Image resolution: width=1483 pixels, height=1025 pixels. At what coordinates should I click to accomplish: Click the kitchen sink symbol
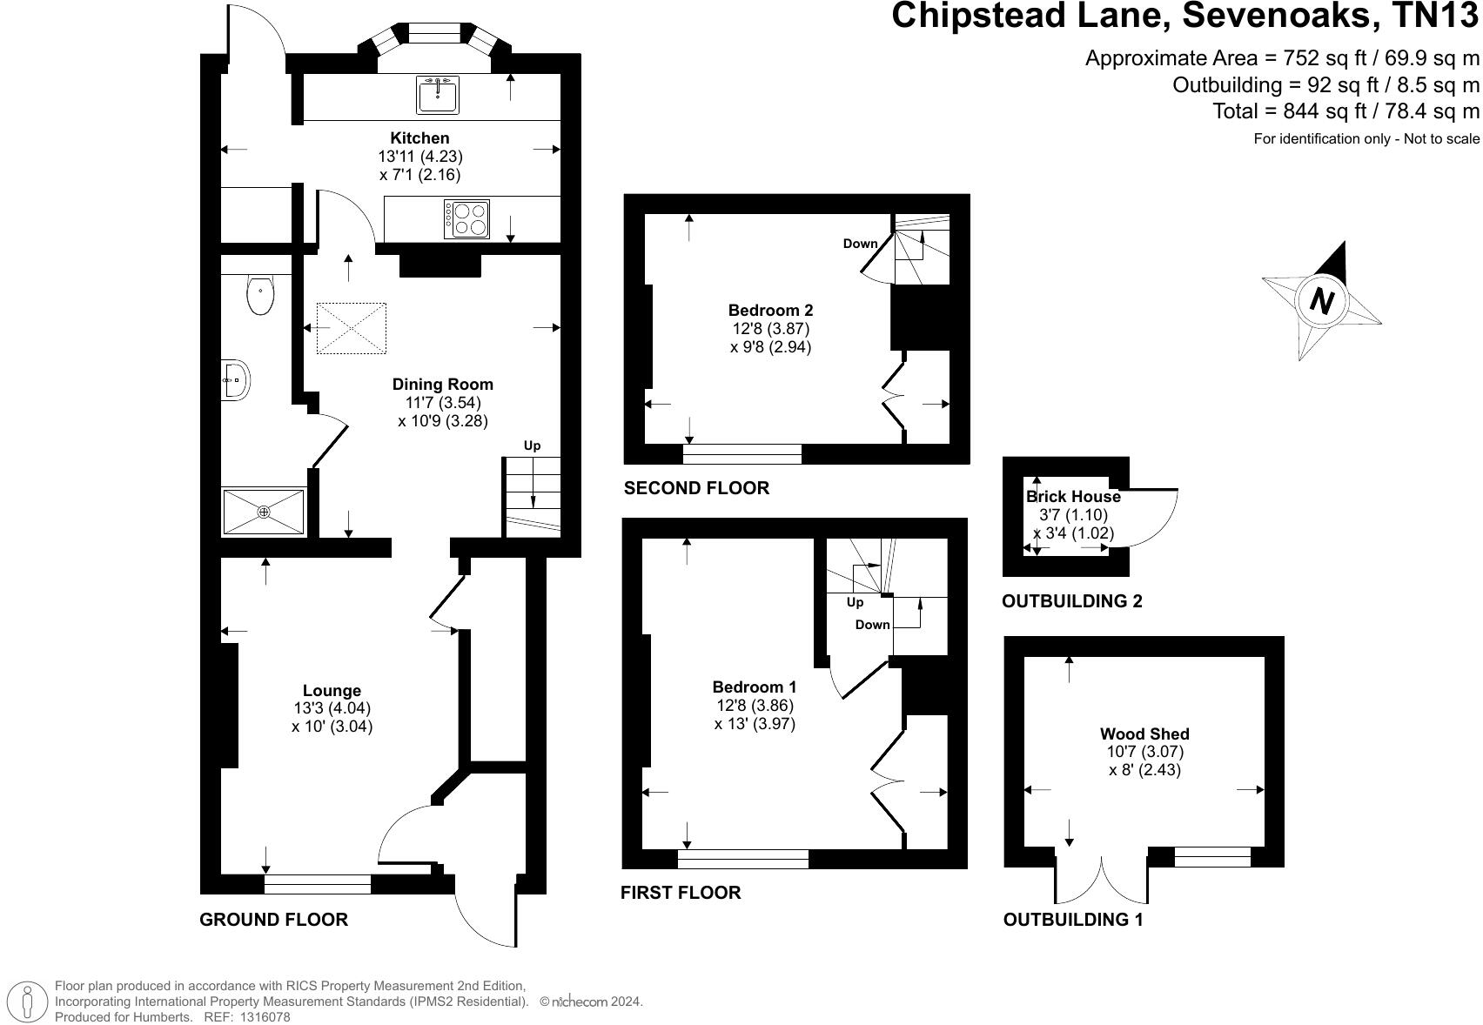438,95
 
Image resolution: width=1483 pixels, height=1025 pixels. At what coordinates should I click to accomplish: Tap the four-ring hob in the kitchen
466,219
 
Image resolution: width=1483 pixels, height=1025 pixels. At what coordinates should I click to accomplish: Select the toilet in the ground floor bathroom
260,295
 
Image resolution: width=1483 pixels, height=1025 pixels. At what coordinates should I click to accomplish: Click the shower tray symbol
264,512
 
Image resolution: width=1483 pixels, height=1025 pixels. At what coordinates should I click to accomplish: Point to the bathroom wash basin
236,379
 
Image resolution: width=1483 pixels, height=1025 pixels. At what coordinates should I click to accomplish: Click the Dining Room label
442,385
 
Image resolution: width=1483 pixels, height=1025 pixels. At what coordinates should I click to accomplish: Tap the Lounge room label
332,691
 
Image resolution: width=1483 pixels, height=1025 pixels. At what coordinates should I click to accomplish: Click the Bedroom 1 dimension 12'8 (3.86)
754,706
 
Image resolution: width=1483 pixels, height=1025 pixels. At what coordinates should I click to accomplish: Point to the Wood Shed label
1144,734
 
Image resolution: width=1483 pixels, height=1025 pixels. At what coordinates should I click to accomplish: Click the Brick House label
1073,497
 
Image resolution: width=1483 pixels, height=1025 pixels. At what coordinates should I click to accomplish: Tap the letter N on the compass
1322,302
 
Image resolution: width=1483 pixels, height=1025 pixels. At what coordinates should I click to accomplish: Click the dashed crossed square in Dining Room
351,328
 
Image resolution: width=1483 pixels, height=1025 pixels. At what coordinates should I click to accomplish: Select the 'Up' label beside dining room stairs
532,446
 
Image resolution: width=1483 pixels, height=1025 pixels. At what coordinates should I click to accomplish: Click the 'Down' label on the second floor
860,244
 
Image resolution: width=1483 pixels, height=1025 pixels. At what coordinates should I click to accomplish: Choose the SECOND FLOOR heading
696,488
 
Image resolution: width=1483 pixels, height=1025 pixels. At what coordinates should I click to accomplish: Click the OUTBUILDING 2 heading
1072,601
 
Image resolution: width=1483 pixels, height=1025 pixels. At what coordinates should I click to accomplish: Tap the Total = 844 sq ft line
1345,111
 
